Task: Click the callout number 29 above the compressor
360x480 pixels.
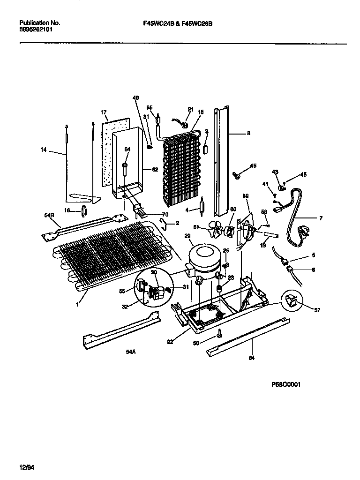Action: point(187,237)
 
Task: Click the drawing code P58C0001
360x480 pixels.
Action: point(285,384)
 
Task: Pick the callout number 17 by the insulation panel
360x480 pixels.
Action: point(104,112)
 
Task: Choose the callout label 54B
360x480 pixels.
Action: point(49,215)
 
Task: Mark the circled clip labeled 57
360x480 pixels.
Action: point(292,300)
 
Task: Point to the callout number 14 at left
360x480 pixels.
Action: point(44,150)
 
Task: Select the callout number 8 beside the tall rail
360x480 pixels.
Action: point(248,133)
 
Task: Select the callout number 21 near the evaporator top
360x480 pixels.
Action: point(190,109)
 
